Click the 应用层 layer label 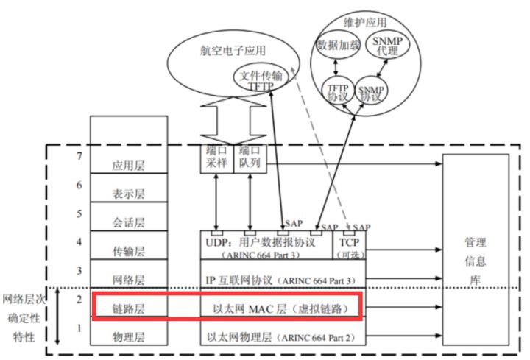coord(128,166)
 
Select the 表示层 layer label coord(128,194)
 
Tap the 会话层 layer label coord(128,222)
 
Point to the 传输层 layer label coord(128,250)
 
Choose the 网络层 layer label coord(128,280)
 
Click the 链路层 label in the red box coord(128,308)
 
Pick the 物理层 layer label coord(128,336)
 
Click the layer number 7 coord(78,157)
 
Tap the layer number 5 coord(78,213)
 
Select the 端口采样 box coord(216,158)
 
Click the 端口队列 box coord(248,158)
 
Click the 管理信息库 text coord(476,260)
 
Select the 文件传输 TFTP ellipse coord(260,78)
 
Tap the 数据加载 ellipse coord(338,45)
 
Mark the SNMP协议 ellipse coord(372,93)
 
